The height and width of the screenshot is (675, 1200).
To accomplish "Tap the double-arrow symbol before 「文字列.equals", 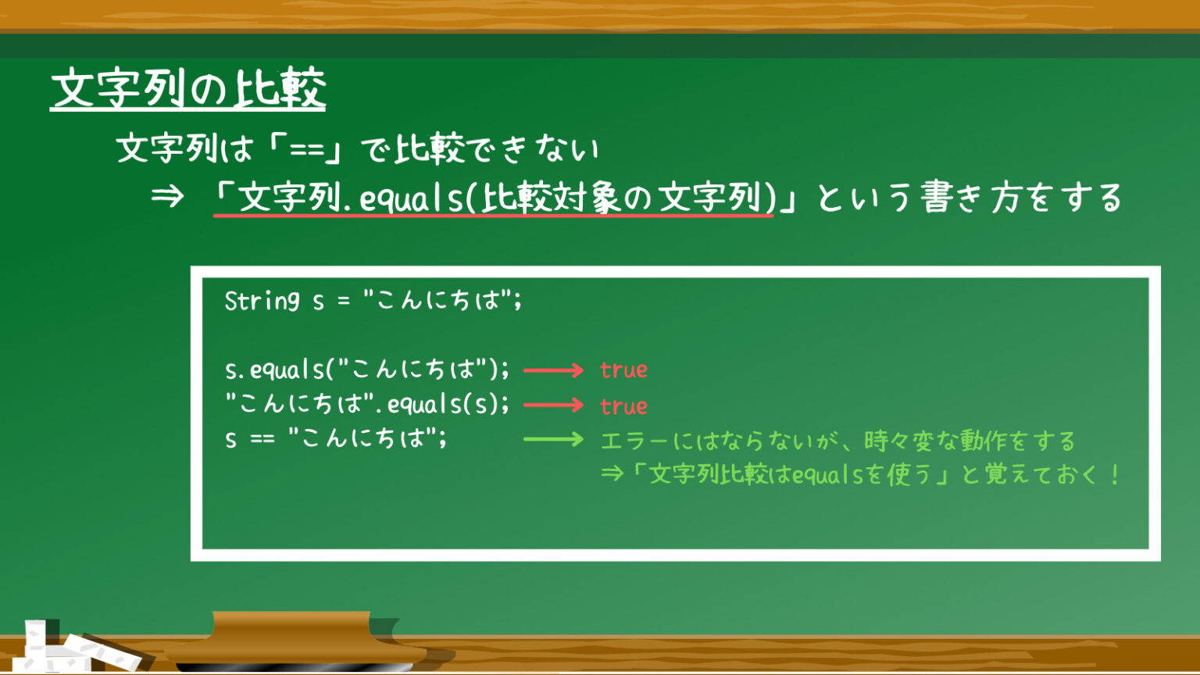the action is (x=167, y=197).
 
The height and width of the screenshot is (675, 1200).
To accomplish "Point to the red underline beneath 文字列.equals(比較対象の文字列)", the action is (x=494, y=216).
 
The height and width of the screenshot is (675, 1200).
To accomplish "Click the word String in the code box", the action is (x=262, y=301).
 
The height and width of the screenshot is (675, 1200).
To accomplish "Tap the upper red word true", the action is (x=623, y=370).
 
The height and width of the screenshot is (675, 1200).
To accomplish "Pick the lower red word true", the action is (x=623, y=406).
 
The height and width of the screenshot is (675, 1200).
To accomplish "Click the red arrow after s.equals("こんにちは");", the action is (x=553, y=370).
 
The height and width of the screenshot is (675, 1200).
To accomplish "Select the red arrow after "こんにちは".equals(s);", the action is (x=553, y=405).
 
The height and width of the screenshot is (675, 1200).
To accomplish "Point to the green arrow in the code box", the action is (x=553, y=440).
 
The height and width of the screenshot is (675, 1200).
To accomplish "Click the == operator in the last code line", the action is (x=262, y=439).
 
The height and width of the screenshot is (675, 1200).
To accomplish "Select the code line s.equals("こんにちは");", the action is (x=367, y=370).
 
